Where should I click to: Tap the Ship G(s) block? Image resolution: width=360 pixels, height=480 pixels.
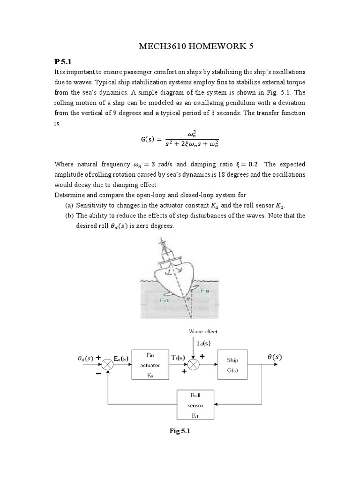tap(232, 364)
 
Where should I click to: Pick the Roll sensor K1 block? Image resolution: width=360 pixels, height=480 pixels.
tap(195, 404)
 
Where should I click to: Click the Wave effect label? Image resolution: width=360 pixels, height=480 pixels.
tap(203, 331)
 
